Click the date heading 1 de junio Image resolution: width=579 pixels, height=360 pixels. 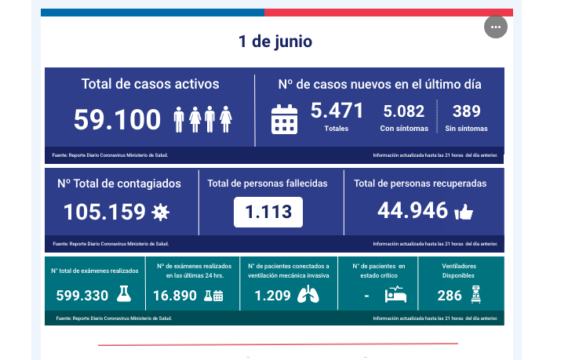275,42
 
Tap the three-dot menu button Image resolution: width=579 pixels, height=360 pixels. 495,27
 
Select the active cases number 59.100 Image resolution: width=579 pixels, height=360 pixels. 117,120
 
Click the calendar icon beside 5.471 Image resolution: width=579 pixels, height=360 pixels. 284,119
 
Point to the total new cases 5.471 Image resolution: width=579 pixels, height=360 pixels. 337,111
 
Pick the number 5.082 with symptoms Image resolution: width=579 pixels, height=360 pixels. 403,111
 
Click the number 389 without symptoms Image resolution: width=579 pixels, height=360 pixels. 466,111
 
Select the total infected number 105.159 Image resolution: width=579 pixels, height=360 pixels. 104,212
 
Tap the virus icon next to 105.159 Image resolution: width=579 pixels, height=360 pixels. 160,212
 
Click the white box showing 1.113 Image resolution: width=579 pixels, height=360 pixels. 268,212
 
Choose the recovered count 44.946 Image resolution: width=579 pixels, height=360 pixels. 413,210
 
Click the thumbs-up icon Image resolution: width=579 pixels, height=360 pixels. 464,212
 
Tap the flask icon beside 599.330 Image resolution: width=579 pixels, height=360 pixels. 123,295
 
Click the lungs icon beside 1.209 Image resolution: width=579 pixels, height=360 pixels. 309,296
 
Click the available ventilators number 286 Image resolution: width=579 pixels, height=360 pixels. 450,296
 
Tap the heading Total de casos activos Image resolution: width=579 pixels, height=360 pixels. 150,84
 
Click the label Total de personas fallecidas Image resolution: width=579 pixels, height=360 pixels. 268,184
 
